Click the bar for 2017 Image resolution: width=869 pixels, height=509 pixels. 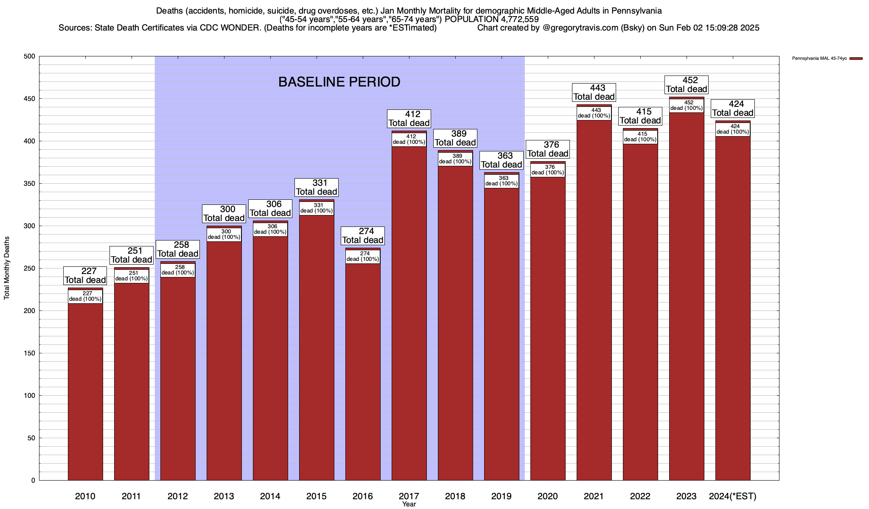click(x=409, y=314)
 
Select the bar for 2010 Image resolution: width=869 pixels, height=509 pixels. click(x=85, y=390)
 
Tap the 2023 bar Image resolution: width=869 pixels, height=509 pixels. click(x=687, y=297)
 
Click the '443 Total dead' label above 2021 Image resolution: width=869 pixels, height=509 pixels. click(x=594, y=92)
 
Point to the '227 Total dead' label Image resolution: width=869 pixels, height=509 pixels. click(x=85, y=276)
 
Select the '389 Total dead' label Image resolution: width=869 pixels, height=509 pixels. click(x=455, y=138)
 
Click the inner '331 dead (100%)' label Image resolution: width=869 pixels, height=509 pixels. click(x=317, y=208)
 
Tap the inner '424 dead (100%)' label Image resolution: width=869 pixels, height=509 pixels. click(x=733, y=129)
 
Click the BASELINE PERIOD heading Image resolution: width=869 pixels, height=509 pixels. click(x=339, y=82)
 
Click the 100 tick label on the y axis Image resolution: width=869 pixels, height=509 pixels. click(x=30, y=396)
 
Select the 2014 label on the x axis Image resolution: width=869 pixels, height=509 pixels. click(x=270, y=496)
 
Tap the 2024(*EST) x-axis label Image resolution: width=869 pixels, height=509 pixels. click(x=733, y=496)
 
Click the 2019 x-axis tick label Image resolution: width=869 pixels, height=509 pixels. click(x=502, y=496)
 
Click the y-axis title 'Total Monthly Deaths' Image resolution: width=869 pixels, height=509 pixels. click(x=7, y=268)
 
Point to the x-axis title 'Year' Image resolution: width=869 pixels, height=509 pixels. click(x=409, y=504)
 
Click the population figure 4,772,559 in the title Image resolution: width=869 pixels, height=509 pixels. click(x=513, y=20)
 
